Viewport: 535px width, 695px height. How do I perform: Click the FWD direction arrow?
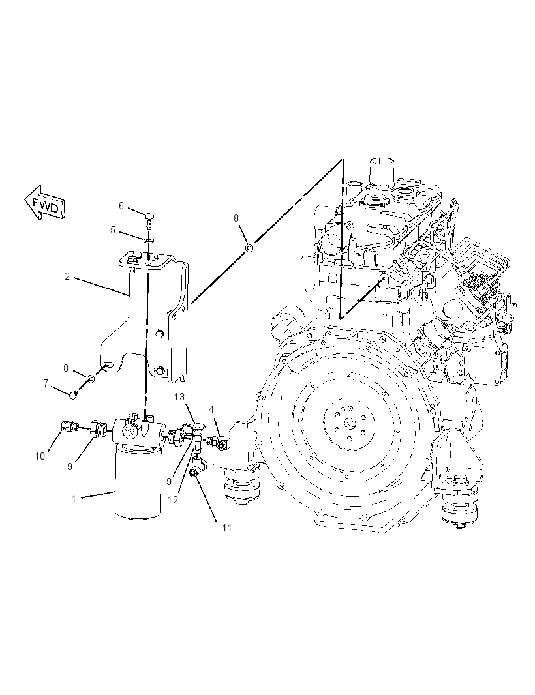(45, 204)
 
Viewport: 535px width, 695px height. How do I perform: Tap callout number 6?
(121, 205)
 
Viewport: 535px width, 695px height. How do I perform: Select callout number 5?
(113, 230)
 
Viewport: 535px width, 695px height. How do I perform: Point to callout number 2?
(67, 276)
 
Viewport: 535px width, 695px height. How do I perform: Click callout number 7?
(46, 383)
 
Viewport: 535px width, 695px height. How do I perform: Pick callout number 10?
(40, 456)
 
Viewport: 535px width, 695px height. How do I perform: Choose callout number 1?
(74, 499)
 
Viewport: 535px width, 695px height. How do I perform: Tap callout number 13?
(179, 396)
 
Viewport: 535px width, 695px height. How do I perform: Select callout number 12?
(173, 499)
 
